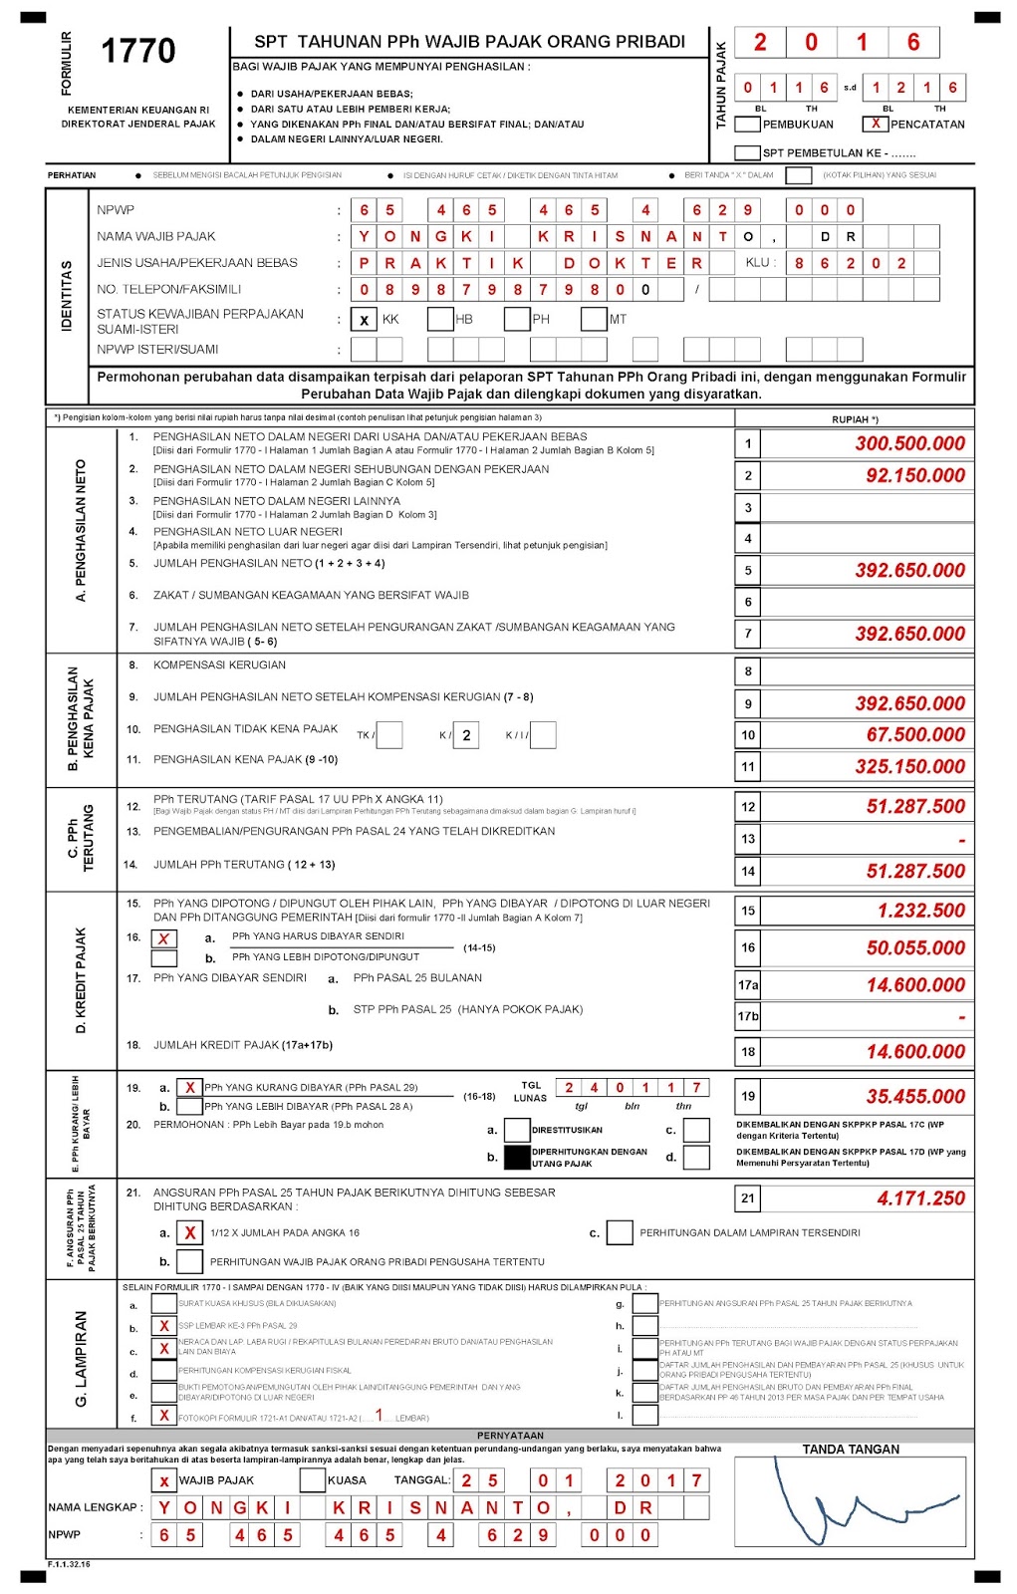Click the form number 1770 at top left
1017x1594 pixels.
pos(138,51)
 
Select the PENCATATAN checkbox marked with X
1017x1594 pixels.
pos(875,124)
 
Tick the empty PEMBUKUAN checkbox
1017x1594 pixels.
pos(747,125)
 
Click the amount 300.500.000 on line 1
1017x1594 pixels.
pos(909,443)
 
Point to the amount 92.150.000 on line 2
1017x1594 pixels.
pos(914,475)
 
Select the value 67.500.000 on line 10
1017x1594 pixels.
pos(914,734)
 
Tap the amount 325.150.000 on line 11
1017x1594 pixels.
pos(909,766)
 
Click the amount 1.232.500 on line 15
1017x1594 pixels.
pos(920,911)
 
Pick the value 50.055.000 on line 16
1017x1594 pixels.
pos(914,947)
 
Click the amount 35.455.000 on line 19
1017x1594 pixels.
pos(914,1096)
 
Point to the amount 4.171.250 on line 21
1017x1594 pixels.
pos(920,1198)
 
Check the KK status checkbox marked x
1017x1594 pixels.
pos(365,320)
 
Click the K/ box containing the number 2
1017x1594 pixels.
pos(466,735)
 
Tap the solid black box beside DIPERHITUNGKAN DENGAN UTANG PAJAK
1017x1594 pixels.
pos(517,1157)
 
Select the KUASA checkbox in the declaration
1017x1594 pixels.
pos(312,1480)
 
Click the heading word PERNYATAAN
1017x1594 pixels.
pos(510,1436)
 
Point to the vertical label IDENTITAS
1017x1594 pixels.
pos(67,295)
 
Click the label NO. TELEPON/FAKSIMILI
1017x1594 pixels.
pos(168,289)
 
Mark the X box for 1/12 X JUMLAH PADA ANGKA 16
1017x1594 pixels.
pos(189,1233)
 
